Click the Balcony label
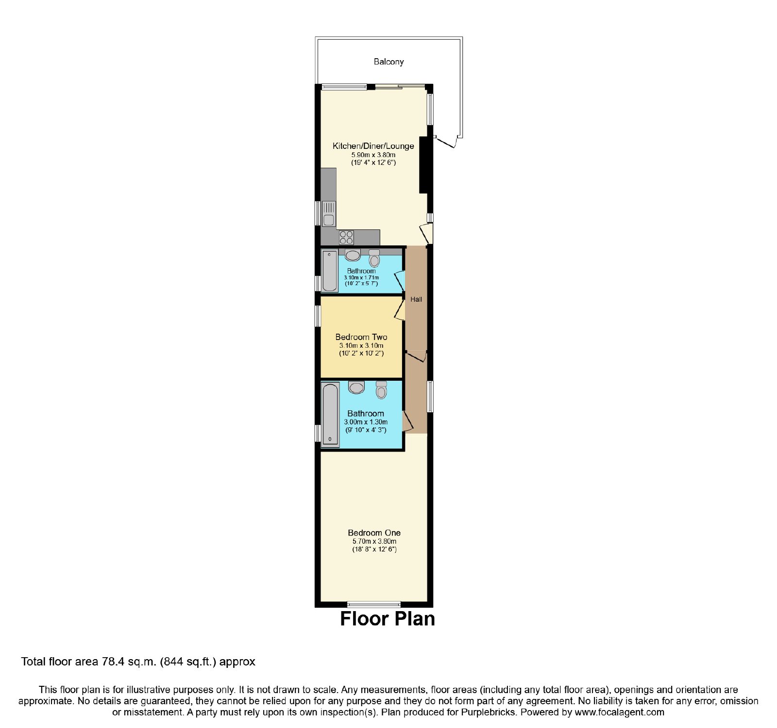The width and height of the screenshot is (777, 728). click(388, 62)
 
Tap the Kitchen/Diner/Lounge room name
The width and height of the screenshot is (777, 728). click(373, 146)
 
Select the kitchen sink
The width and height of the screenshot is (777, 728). click(329, 214)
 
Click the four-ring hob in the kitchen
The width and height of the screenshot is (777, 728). click(347, 237)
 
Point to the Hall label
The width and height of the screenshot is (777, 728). click(416, 299)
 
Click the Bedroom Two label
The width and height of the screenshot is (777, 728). click(361, 337)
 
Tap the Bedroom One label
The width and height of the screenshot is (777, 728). click(374, 533)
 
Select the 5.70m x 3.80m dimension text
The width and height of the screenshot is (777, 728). click(374, 541)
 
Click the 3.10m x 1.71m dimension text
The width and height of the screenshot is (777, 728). click(361, 277)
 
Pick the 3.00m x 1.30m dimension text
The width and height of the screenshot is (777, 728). click(366, 422)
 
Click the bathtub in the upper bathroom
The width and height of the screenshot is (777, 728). click(330, 271)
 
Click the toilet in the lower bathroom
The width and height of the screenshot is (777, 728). click(382, 389)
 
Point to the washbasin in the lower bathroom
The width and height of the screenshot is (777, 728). click(356, 387)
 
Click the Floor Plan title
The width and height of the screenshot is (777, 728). click(388, 619)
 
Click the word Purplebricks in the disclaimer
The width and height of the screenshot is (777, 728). click(487, 712)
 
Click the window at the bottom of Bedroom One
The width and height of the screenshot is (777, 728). click(374, 604)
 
